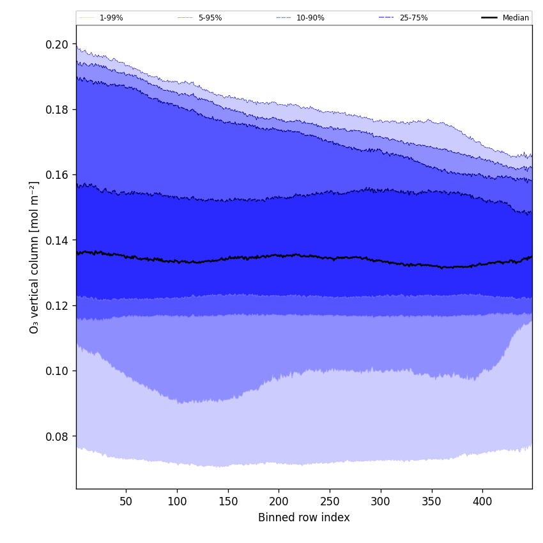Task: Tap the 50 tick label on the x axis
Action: (126, 501)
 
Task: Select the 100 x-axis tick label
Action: (177, 501)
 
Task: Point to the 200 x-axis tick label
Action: (279, 501)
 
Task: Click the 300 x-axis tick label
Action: (381, 501)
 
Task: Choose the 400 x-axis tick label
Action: (482, 501)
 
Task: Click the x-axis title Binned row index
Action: (304, 518)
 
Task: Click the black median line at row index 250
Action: (330, 258)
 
